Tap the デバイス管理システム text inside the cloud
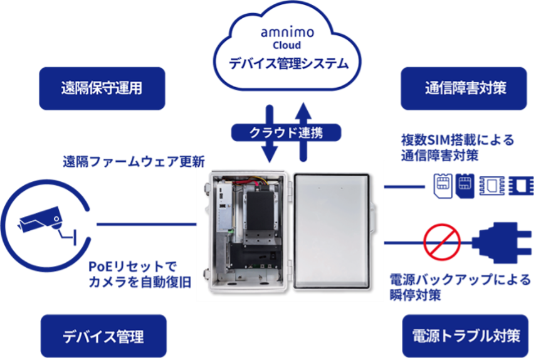click(288, 63)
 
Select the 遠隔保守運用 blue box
click(102, 88)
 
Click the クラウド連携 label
click(286, 132)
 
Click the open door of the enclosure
click(332, 229)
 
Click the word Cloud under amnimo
click(286, 45)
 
